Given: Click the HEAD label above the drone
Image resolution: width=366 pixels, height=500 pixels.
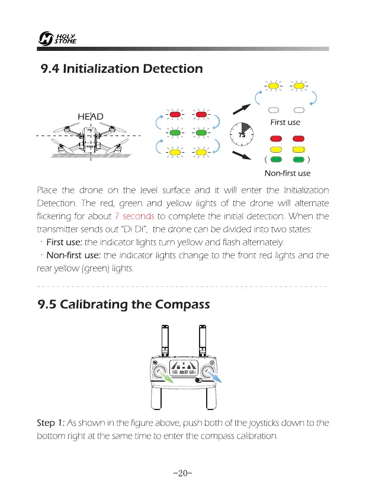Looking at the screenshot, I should (91, 116).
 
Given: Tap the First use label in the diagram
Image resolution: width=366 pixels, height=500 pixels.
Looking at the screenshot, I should (285, 122).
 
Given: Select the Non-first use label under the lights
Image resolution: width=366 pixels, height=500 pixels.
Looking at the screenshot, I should (287, 173).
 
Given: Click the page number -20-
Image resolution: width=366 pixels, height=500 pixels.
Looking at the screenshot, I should (183, 474).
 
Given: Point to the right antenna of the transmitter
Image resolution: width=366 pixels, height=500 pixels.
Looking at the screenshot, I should (203, 341).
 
